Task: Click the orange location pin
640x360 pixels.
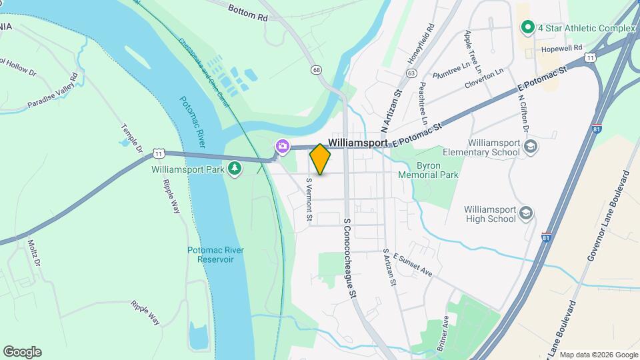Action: coord(320,159)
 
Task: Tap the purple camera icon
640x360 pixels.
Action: coord(283,145)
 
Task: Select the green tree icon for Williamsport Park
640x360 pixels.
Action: coord(235,169)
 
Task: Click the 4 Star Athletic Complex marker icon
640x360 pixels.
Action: coord(527,28)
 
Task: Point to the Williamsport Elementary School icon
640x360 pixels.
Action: coord(531,147)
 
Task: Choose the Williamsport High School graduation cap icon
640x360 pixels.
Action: coord(526,213)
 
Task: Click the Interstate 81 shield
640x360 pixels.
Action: coord(547,238)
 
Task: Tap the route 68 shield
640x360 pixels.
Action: coord(315,70)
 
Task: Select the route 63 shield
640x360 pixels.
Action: coord(411,73)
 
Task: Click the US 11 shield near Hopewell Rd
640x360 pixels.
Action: coord(590,58)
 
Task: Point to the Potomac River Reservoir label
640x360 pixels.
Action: coord(215,254)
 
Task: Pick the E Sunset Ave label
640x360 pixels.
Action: coord(413,264)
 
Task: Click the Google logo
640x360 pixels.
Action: coord(22,352)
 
